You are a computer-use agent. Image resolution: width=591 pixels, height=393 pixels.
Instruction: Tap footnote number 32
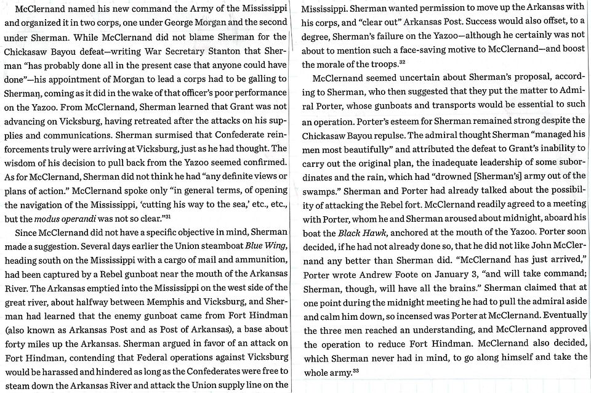(x=402, y=61)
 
